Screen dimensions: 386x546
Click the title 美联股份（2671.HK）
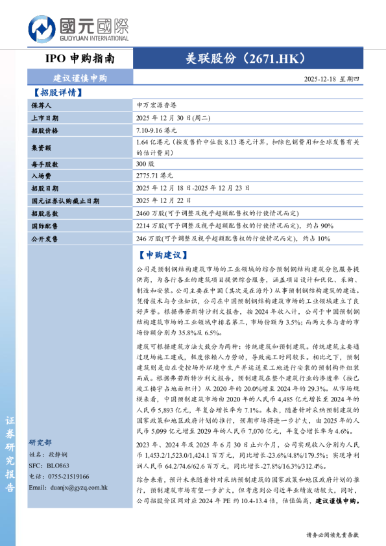241,58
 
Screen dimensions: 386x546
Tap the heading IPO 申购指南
80,58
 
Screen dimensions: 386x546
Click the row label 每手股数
44,165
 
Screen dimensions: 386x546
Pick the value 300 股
145,165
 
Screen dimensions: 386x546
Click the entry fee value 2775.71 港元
155,176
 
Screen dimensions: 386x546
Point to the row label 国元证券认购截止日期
65,201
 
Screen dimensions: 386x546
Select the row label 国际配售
44,226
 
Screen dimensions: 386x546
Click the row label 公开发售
44,239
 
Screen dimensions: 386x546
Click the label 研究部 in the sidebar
40,443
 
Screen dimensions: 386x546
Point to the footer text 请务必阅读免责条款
332,535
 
